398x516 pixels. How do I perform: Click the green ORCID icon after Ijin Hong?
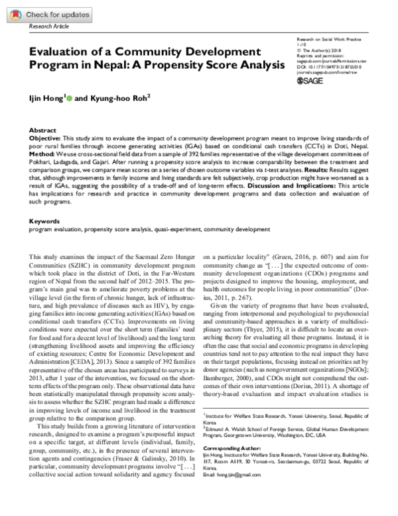coord(70,97)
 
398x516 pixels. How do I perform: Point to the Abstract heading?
coord(44,130)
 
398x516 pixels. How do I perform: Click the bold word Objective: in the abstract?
coord(47,137)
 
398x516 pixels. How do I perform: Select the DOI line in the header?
coord(328,67)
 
